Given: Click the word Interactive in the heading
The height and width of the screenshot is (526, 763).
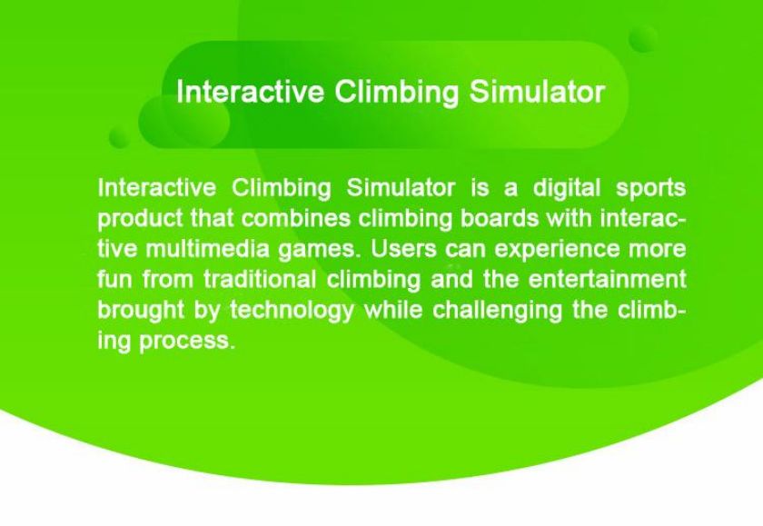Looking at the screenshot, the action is (x=250, y=92).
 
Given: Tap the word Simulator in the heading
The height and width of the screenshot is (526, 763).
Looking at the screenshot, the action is (x=537, y=92).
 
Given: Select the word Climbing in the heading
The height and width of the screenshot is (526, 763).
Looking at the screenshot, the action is (x=397, y=93).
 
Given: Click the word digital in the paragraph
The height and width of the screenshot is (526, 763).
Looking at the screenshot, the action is (x=567, y=188).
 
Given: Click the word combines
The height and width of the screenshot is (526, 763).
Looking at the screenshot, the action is (x=296, y=218).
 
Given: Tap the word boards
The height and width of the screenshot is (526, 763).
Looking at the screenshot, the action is (x=500, y=218).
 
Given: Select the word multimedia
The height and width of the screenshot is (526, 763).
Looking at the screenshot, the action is (x=207, y=249).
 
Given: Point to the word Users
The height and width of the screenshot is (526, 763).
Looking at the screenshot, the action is (x=404, y=249).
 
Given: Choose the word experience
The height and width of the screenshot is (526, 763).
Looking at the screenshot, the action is (x=557, y=251).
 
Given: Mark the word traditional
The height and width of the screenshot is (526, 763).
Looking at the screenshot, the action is (x=260, y=280).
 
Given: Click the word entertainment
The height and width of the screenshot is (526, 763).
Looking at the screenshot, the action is (x=608, y=280).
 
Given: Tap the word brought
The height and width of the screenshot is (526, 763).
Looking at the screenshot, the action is (x=141, y=312).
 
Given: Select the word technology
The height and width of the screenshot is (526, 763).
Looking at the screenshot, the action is (x=292, y=312).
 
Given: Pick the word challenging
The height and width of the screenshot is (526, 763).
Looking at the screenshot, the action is (x=498, y=312).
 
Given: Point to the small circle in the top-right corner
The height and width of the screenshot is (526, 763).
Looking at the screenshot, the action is (x=643, y=39).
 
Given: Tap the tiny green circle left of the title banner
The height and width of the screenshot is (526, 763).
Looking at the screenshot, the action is (x=119, y=137).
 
